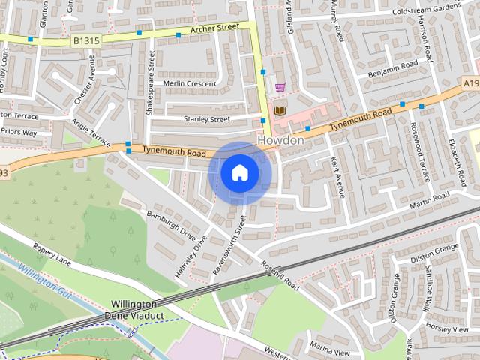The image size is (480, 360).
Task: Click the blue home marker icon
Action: pyautogui.click(x=239, y=173)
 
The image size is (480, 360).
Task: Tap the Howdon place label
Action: pyautogui.click(x=280, y=140)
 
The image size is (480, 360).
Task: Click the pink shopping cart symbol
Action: pyautogui.click(x=280, y=87)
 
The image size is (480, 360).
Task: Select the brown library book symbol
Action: pyautogui.click(x=280, y=110)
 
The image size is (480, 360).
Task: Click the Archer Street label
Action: pyautogui.click(x=214, y=28)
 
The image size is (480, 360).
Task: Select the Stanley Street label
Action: pyautogui.click(x=207, y=118)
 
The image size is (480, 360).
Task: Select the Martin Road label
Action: pyautogui.click(x=429, y=199)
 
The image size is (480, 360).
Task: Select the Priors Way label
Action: pyautogui.click(x=19, y=133)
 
